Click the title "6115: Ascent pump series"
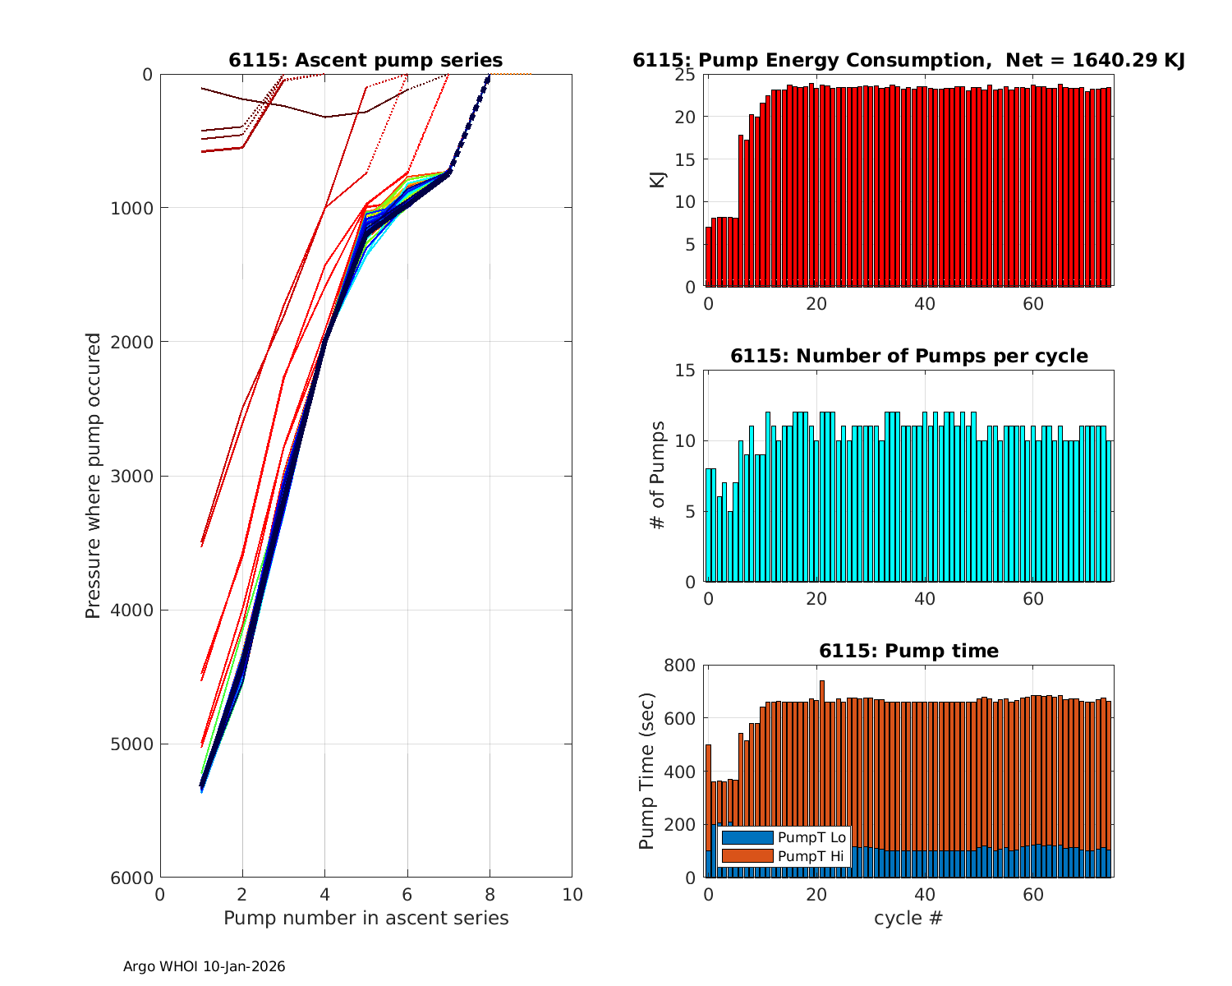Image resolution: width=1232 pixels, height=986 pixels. pyautogui.click(x=365, y=60)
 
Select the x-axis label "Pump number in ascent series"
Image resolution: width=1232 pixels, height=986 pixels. pyautogui.click(x=365, y=918)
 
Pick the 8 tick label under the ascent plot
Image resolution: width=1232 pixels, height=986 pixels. pyautogui.click(x=490, y=894)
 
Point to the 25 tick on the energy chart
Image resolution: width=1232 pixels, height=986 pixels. pyautogui.click(x=687, y=75)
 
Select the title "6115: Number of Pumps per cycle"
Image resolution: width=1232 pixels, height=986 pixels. pyautogui.click(x=908, y=356)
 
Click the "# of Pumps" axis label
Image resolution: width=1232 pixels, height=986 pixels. pyautogui.click(x=658, y=476)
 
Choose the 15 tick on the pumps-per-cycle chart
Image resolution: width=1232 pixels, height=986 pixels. pyautogui.click(x=687, y=371)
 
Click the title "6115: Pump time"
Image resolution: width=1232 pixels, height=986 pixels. pyautogui.click(x=908, y=651)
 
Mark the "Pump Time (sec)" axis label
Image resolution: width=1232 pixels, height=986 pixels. pyautogui.click(x=646, y=772)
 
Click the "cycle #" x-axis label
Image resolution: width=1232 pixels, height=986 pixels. pyautogui.click(x=908, y=918)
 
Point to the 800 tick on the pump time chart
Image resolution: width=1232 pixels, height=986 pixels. pyautogui.click(x=683, y=666)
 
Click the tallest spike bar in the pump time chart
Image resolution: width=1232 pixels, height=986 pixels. pyautogui.click(x=821, y=739)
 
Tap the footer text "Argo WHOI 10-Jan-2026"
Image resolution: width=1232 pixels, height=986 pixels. pyautogui.click(x=204, y=967)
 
